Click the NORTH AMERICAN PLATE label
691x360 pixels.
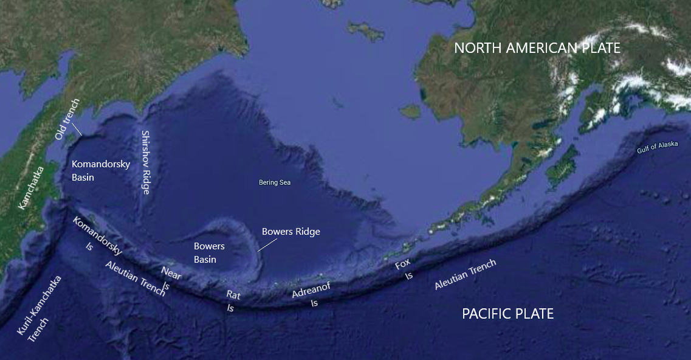pyautogui.click(x=537, y=48)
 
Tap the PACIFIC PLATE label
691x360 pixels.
pyautogui.click(x=507, y=314)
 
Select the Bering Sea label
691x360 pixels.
pyautogui.click(x=275, y=182)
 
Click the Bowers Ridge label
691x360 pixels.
pyautogui.click(x=290, y=232)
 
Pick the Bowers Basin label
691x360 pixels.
pyautogui.click(x=209, y=252)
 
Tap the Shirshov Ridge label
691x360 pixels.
pyautogui.click(x=145, y=162)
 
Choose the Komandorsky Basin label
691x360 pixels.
pyautogui.click(x=100, y=170)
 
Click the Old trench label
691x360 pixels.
pyautogui.click(x=66, y=119)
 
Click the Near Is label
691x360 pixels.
pyautogui.click(x=170, y=279)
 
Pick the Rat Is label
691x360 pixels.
pyautogui.click(x=232, y=301)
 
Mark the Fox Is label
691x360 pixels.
pyautogui.click(x=404, y=269)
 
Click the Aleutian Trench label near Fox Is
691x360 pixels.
pyautogui.click(x=465, y=275)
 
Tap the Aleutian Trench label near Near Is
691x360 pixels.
pyautogui.click(x=136, y=278)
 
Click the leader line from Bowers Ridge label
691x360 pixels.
pyautogui.click(x=265, y=244)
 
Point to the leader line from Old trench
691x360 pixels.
pyautogui.click(x=77, y=128)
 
